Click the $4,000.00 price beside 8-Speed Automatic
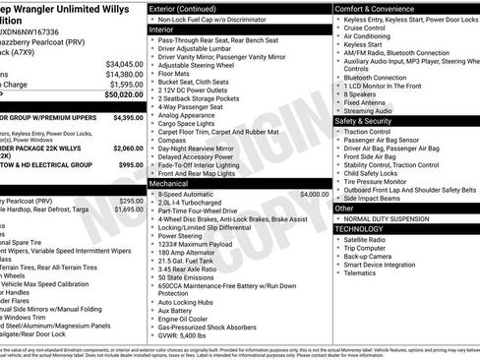click(x=310, y=195)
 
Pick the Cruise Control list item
click(x=368, y=29)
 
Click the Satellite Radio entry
click(x=367, y=239)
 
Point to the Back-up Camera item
click(x=371, y=257)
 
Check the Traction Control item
click(x=370, y=131)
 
